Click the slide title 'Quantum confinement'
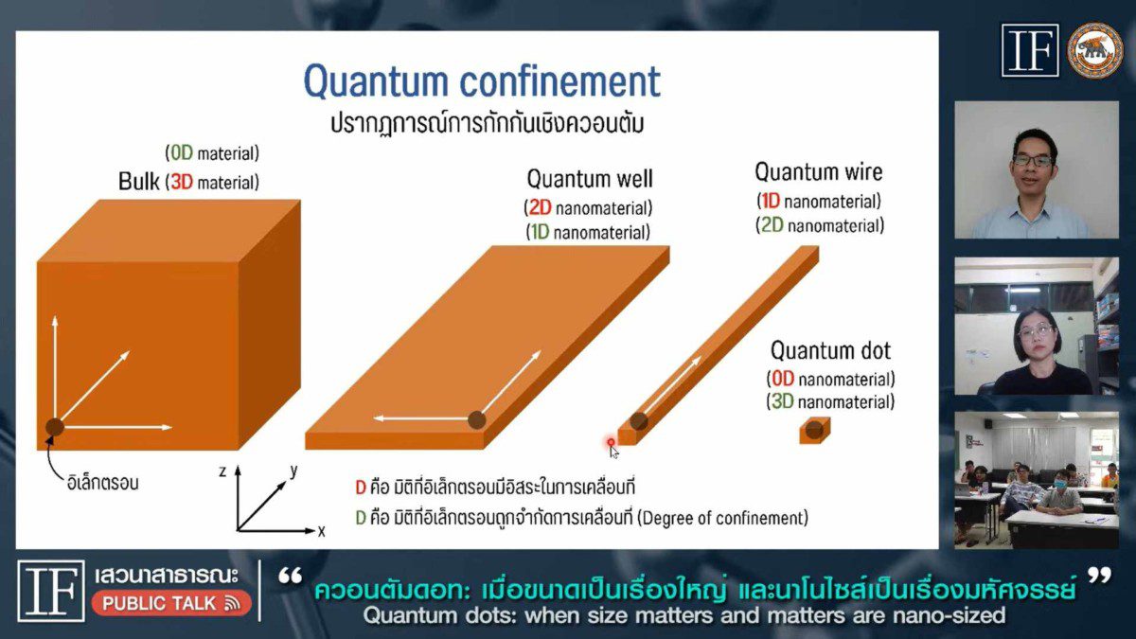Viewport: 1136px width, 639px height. (482, 81)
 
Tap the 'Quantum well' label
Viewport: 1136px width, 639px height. (590, 179)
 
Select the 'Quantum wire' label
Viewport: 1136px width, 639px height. (819, 172)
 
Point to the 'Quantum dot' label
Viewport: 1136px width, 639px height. (830, 350)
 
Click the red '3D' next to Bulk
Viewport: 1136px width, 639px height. (182, 182)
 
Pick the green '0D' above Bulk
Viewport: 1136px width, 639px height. (182, 152)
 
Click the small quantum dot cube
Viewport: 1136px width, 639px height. (814, 431)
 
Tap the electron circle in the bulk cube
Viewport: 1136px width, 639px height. (54, 427)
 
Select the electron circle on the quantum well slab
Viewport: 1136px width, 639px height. (476, 420)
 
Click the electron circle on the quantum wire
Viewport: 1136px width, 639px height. (638, 421)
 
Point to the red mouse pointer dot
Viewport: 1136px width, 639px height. (611, 443)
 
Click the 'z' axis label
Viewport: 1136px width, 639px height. (222, 471)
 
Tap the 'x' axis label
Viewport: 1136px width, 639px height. (321, 531)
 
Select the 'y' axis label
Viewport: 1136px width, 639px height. (293, 470)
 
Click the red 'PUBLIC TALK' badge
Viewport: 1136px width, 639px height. (171, 603)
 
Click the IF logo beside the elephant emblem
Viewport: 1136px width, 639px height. (1030, 51)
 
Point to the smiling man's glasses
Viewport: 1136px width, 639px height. (1033, 161)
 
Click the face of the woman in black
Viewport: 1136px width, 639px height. (1036, 337)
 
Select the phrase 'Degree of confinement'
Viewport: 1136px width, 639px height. (721, 518)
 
